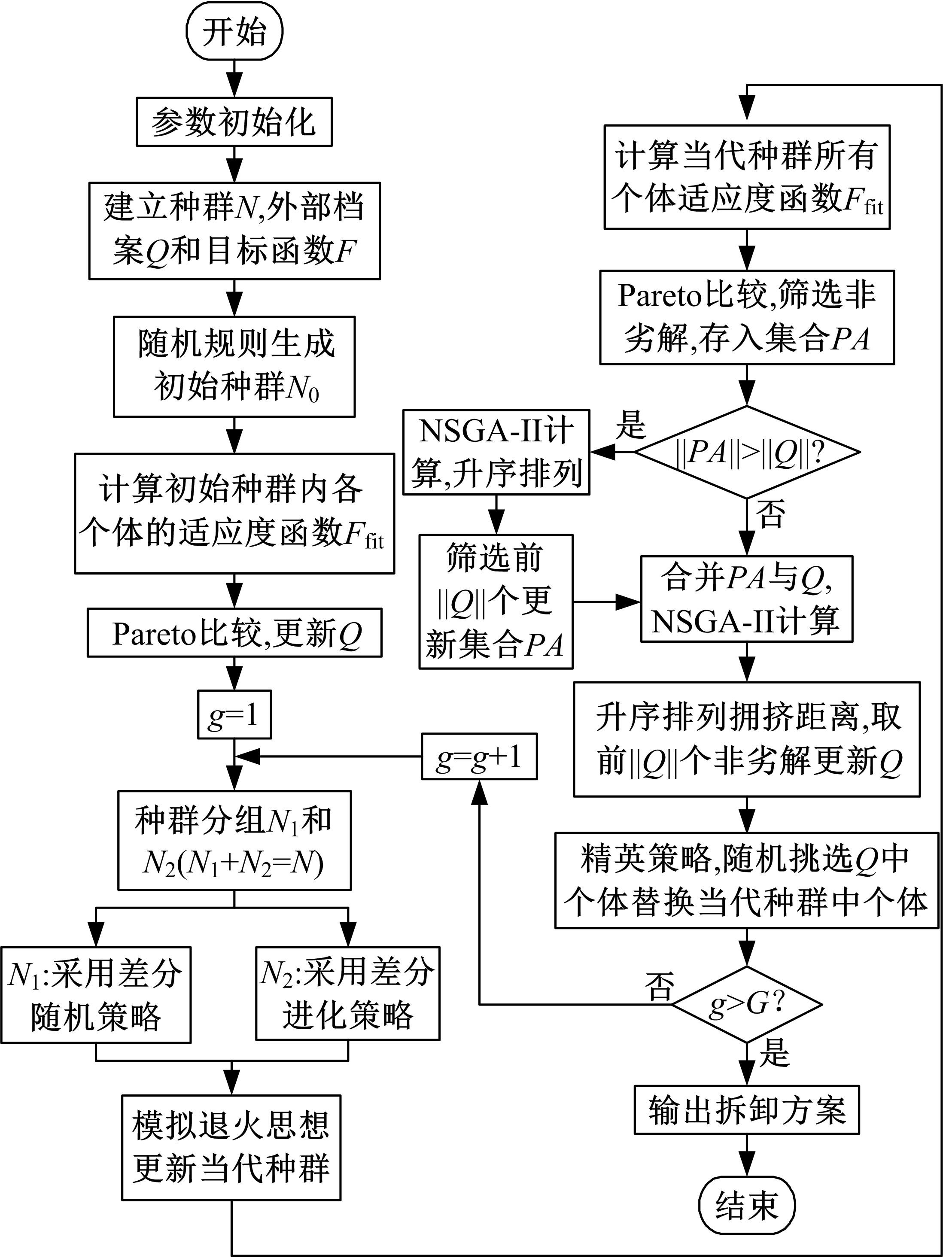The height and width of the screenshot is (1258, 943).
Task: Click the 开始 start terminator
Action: (x=234, y=32)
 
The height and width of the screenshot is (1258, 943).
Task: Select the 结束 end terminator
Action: (x=746, y=1204)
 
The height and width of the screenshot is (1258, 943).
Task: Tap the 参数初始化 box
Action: (x=234, y=122)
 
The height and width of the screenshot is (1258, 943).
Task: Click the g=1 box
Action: (x=234, y=714)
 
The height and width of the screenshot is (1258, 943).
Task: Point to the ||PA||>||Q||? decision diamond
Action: (x=746, y=453)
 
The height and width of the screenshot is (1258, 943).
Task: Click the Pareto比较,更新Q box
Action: (x=234, y=632)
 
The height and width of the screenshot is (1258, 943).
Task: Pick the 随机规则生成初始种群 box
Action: (x=234, y=366)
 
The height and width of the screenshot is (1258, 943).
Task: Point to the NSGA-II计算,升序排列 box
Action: (x=496, y=452)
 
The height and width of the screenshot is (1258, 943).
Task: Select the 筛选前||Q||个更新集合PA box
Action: (x=496, y=601)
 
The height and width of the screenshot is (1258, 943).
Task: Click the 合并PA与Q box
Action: (x=746, y=598)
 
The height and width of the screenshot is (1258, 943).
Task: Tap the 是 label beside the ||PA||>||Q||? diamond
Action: (x=631, y=424)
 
